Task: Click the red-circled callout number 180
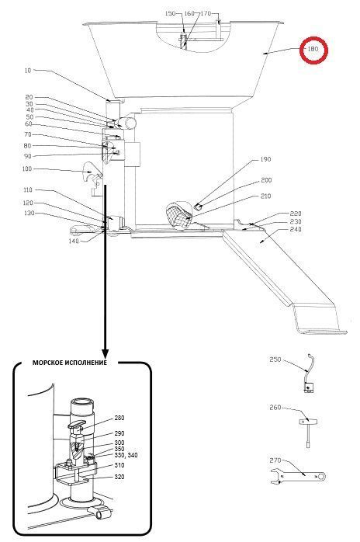tap(313, 49)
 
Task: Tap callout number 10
tap(28, 71)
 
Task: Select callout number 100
tap(26, 169)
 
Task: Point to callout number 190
tap(265, 159)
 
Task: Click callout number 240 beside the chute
tap(296, 229)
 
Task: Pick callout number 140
tap(74, 241)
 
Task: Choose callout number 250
tap(275, 360)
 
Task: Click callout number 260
tap(275, 408)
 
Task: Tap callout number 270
tap(275, 460)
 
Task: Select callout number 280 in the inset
tap(119, 418)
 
